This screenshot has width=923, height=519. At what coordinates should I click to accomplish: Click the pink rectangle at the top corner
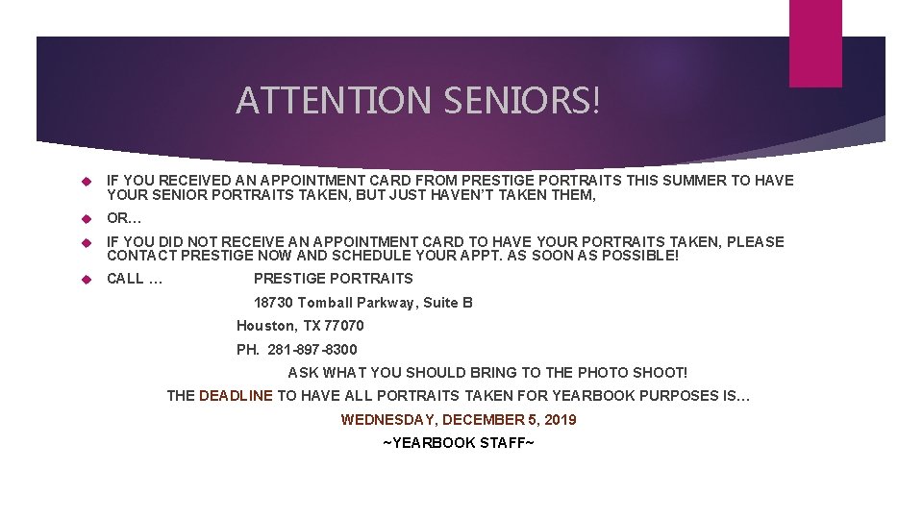tap(814, 42)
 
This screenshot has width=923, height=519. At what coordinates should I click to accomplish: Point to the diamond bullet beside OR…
tap(85, 218)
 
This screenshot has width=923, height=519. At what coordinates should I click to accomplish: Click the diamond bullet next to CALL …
tap(85, 279)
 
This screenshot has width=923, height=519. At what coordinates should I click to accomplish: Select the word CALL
tap(125, 279)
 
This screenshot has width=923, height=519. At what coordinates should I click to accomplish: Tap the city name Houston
tap(266, 326)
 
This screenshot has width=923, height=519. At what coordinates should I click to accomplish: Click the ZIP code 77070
tap(344, 326)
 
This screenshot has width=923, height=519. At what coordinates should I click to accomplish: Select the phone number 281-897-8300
tap(312, 350)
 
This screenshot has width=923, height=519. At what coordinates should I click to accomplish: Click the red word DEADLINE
tap(236, 395)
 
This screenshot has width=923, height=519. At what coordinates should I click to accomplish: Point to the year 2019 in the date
tap(559, 420)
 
